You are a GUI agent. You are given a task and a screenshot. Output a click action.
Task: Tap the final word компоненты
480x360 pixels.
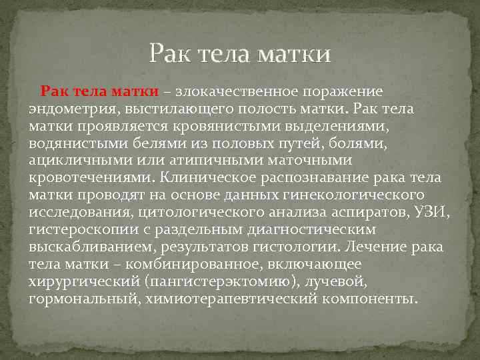click(369, 299)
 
